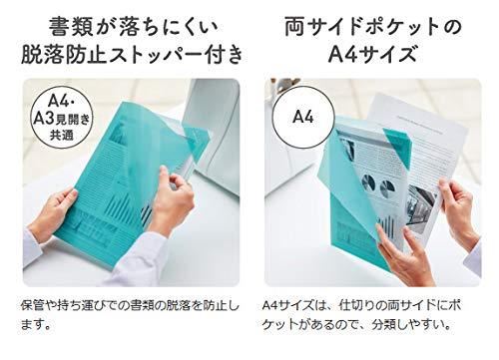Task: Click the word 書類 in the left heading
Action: point(71,27)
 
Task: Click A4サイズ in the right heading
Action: point(372,54)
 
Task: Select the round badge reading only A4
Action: point(303,117)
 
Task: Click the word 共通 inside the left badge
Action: point(62,135)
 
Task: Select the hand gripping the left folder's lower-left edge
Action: point(53,215)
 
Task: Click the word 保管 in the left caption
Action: point(32,305)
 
